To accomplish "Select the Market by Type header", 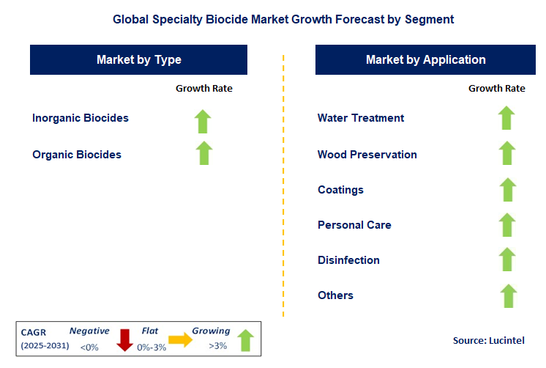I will point(139,60).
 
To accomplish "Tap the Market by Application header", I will point(425,60).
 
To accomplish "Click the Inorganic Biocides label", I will point(81,118).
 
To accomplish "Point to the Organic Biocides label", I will point(77,155).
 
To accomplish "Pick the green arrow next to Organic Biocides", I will point(203,153).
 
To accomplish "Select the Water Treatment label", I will point(361,118).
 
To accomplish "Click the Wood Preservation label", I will point(367,155).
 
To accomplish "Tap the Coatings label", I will point(340,190).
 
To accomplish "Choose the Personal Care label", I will point(354,225).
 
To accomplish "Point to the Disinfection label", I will point(348,260).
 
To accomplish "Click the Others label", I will point(335,295).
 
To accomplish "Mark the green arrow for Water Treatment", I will point(506,118).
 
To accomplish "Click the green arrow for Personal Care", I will point(506,224).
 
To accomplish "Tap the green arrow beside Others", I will point(506,295).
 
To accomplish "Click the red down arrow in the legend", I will point(124,339).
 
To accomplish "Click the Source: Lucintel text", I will point(488,341).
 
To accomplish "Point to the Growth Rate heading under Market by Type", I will point(203,89).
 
